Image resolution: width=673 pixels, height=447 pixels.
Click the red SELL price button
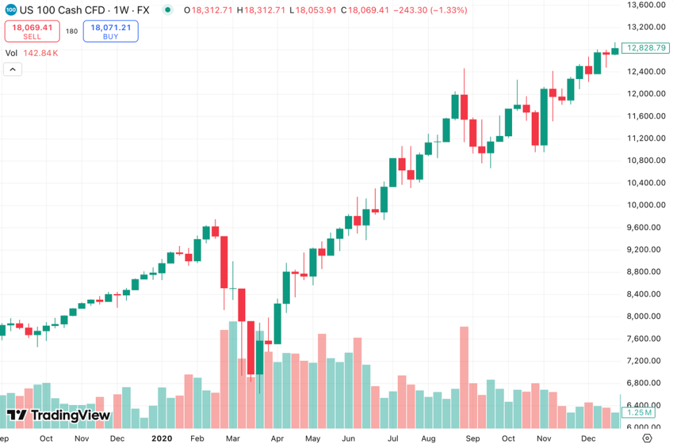(32, 31)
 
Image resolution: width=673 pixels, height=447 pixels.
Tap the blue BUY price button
(110, 31)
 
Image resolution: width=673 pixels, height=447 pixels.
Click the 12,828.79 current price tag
(647, 48)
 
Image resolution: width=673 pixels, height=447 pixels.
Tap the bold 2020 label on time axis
(161, 438)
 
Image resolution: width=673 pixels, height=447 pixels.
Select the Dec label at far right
(589, 438)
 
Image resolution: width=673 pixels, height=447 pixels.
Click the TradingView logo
(58, 415)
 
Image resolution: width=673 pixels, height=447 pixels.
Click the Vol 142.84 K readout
(32, 53)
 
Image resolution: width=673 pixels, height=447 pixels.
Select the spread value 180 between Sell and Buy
(72, 31)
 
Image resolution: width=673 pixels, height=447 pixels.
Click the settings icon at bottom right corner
(647, 438)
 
